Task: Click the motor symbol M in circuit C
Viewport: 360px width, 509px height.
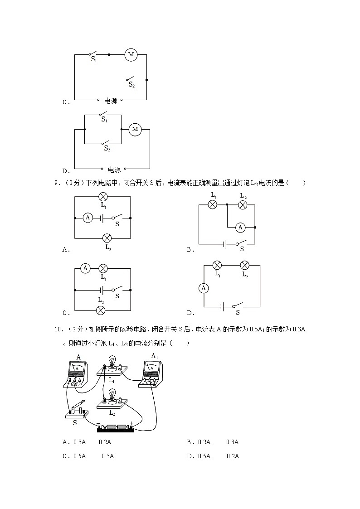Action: click(x=131, y=54)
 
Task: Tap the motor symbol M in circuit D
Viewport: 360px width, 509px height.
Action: click(x=135, y=130)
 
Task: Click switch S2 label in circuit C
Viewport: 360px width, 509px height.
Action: click(x=131, y=84)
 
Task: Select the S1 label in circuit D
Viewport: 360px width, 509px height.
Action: click(x=104, y=120)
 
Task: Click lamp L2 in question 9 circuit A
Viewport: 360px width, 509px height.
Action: click(x=107, y=238)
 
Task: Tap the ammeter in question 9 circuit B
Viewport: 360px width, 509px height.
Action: click(x=241, y=228)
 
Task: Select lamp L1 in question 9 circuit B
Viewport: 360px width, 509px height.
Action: click(x=212, y=205)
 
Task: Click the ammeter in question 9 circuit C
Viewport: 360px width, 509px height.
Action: click(x=85, y=269)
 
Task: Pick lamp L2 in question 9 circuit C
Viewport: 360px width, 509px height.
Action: click(x=101, y=310)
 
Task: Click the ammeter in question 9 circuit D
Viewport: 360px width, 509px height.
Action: click(x=204, y=288)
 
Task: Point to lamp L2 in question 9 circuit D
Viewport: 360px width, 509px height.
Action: click(x=244, y=265)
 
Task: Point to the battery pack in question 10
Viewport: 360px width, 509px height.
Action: click(x=116, y=427)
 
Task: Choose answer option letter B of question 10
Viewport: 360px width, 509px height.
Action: click(x=189, y=442)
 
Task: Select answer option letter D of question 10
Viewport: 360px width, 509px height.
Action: click(x=189, y=456)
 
